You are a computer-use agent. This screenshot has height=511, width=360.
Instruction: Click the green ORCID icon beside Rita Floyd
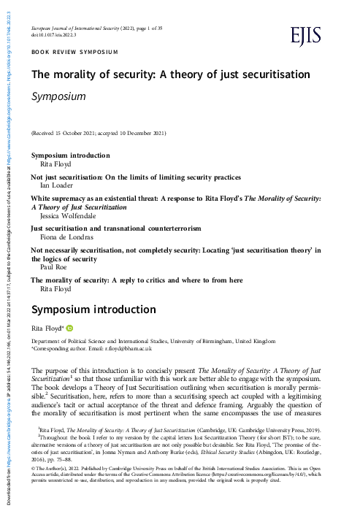(72, 328)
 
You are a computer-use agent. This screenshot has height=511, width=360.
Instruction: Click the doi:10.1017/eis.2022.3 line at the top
(60, 34)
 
